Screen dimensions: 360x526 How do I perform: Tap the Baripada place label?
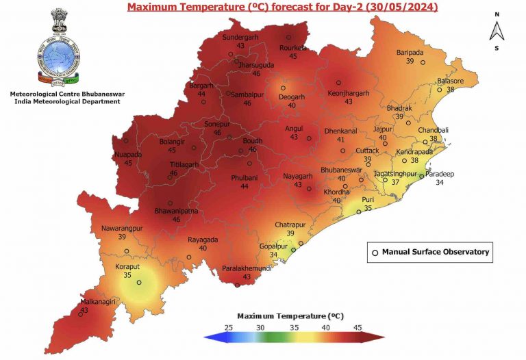point(410,53)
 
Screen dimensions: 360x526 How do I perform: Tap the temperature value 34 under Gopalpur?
point(273,255)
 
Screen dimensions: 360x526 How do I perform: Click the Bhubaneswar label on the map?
point(341,170)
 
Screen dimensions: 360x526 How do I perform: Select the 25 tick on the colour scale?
point(228,329)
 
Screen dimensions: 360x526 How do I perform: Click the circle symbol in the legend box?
point(375,253)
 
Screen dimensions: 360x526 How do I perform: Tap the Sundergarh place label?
point(240,37)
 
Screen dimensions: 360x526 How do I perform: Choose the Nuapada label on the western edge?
point(128,155)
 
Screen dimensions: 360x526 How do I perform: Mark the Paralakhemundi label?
point(248,268)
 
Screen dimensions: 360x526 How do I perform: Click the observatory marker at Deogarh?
point(283,88)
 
